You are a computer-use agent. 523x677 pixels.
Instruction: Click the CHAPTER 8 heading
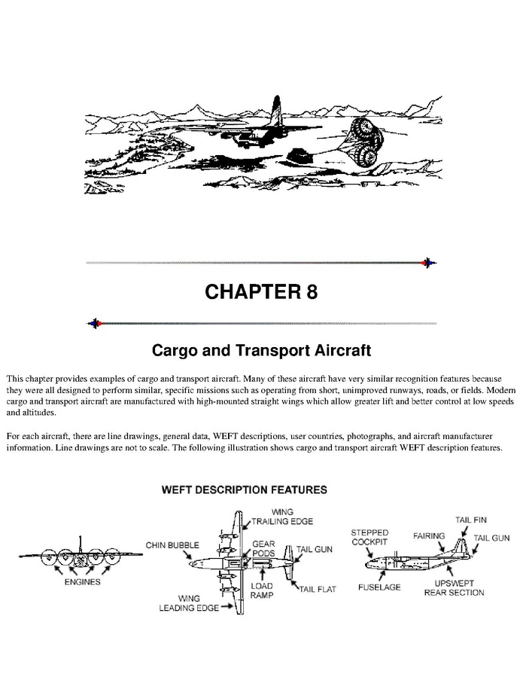click(261, 291)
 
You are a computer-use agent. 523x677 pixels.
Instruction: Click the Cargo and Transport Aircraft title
click(261, 349)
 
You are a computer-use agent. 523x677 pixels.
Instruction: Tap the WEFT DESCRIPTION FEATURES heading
click(245, 489)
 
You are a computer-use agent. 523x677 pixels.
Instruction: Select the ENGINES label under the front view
click(83, 582)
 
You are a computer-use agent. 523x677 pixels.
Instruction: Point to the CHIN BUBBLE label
click(172, 545)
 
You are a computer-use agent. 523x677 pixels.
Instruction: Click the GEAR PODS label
click(263, 548)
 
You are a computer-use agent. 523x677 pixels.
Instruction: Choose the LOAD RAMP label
click(262, 590)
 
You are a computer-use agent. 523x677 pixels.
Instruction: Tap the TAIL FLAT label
click(318, 590)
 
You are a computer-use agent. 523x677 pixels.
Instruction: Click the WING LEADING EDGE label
click(189, 603)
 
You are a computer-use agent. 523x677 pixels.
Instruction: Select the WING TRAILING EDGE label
click(282, 517)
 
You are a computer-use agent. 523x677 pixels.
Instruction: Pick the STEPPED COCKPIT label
click(369, 537)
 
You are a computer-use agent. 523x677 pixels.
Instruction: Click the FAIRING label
click(429, 536)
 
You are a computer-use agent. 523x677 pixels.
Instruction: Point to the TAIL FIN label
click(471, 520)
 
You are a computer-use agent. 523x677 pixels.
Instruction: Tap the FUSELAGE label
click(379, 587)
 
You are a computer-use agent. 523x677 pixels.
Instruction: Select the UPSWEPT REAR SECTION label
click(454, 587)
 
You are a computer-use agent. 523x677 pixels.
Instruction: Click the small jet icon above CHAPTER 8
click(428, 263)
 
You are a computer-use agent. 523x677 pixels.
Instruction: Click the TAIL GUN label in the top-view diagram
click(314, 549)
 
